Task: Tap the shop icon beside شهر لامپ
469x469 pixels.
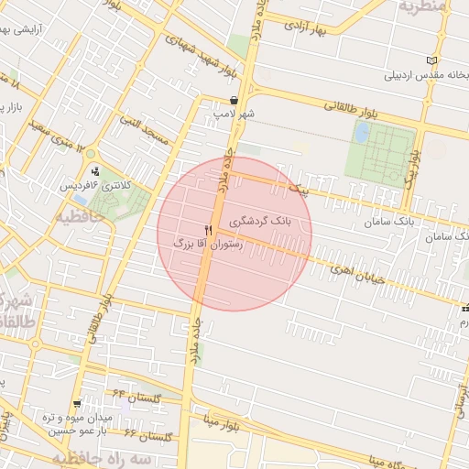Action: (x=234, y=101)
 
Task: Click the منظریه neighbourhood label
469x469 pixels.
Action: (x=421, y=6)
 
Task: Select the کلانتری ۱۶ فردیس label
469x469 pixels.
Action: (x=95, y=185)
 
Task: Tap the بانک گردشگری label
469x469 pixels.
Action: (x=264, y=223)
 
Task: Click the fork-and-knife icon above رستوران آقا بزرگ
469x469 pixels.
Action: (x=209, y=230)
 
